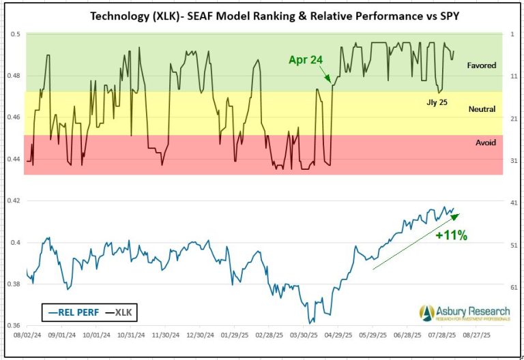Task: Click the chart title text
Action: pos(261,14)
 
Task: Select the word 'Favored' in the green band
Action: pos(481,65)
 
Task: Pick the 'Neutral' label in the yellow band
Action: pos(482,109)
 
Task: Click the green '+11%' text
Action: pos(451,235)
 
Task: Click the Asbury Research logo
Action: pos(465,313)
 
